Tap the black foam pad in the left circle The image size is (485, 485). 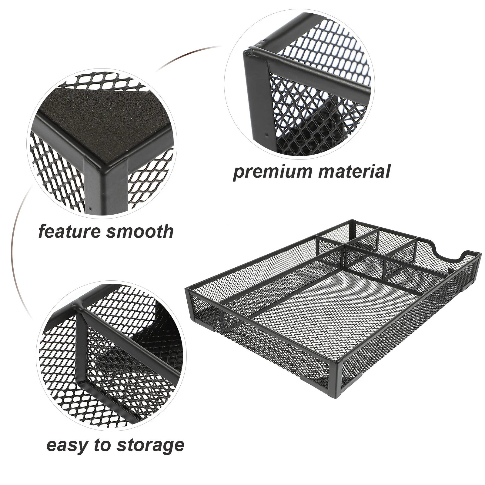[100, 133]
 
